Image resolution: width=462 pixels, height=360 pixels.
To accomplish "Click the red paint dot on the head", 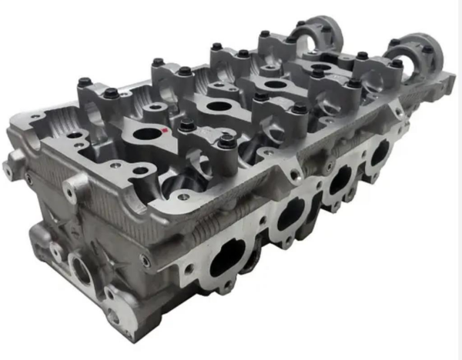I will (x=166, y=135).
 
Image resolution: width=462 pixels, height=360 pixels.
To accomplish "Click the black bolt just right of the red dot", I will (x=186, y=125).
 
